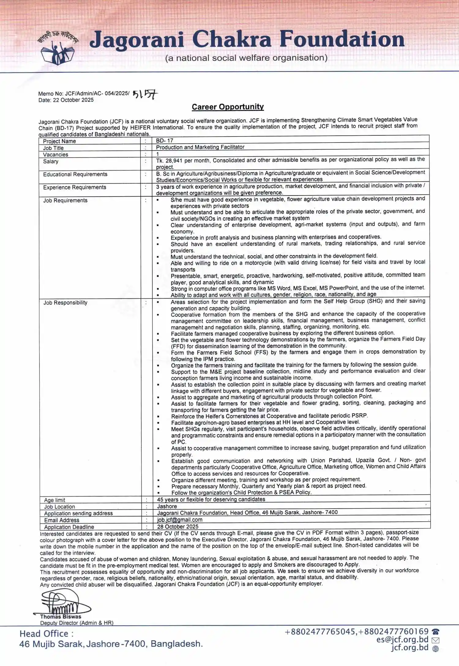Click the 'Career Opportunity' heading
(x=228, y=107)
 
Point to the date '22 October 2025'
(x=73, y=100)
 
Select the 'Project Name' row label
(x=59, y=141)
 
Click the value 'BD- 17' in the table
(x=165, y=141)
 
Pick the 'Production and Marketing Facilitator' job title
(x=200, y=147)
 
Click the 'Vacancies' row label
(x=55, y=155)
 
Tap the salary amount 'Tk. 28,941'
(x=169, y=160)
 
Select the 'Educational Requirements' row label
(x=75, y=174)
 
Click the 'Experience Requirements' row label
(x=75, y=187)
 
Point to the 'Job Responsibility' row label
(x=65, y=303)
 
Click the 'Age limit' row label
(x=54, y=500)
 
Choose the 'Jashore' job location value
(x=167, y=506)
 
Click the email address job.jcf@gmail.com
(x=180, y=520)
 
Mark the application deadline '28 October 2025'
(x=178, y=527)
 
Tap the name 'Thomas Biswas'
(x=61, y=616)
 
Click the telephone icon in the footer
(x=435, y=631)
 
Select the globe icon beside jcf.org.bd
(x=435, y=649)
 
